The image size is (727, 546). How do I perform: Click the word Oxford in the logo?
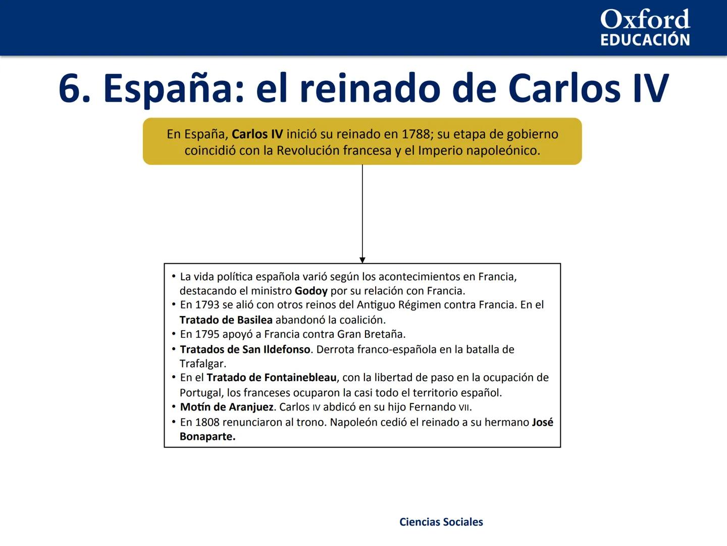coord(645,20)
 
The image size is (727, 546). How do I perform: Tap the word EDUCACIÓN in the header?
coord(645,40)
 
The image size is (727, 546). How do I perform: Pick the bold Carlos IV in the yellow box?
coord(257,134)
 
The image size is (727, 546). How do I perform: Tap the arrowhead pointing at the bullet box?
coord(362,260)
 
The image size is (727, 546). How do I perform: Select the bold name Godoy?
coord(311,291)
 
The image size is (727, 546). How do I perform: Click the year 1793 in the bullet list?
coord(207,305)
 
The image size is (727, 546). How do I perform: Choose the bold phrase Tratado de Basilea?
coord(226,320)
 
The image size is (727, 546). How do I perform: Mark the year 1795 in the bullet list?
coord(207,334)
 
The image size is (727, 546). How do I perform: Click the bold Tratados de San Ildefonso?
coord(245,349)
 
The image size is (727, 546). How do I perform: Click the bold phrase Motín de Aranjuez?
coord(226,407)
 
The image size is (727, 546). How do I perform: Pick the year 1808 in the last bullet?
coord(207,422)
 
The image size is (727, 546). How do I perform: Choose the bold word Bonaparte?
coord(207,437)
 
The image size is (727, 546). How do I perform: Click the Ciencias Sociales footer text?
coord(441,522)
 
